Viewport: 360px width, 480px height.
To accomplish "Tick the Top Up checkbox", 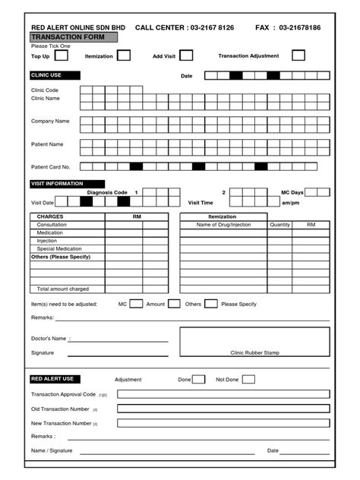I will click(62, 55).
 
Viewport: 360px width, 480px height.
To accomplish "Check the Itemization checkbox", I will click(124, 55).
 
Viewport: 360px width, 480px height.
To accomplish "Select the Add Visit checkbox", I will click(186, 55).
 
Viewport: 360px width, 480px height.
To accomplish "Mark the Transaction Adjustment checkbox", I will click(298, 55).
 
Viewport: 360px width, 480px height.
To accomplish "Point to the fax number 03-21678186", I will click(299, 27).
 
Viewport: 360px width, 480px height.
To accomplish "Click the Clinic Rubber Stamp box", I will click(254, 342).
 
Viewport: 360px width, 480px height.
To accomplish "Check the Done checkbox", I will click(198, 379).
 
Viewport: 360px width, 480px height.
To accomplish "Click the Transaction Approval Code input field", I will click(223, 394).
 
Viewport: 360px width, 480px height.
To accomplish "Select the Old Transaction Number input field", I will click(223, 409).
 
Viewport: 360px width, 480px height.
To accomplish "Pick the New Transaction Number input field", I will click(223, 423).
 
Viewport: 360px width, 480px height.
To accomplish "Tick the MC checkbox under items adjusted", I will click(136, 304).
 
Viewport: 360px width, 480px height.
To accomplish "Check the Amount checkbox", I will click(174, 304).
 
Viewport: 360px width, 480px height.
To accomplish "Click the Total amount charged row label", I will click(64, 289).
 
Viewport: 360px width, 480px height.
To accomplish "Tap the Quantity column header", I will click(279, 225).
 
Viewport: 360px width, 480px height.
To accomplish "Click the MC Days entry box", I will click(317, 192).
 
